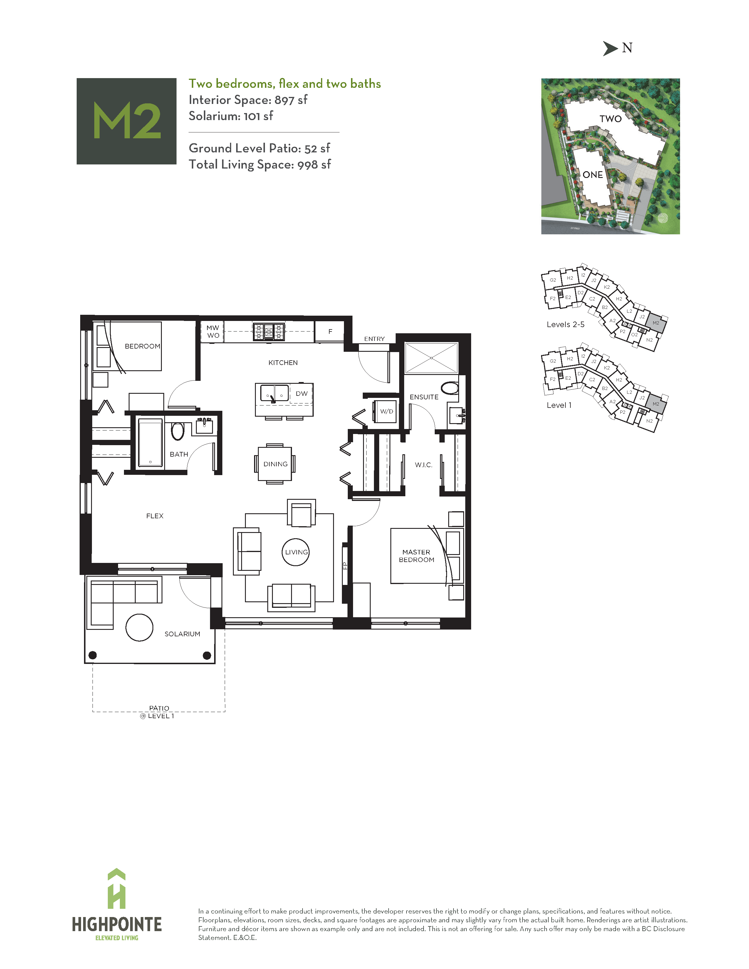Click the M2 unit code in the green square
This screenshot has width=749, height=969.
coord(127,121)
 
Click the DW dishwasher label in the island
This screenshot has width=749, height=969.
coord(301,393)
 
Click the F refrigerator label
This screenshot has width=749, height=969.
coord(330,332)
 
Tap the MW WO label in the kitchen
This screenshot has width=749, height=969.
coord(213,332)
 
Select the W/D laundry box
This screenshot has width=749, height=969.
coord(386,411)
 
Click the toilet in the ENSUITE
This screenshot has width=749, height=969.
coord(450,388)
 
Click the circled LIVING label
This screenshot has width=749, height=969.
coord(296,552)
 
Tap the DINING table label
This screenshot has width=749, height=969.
coord(275,464)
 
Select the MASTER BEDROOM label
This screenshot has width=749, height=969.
coord(416,556)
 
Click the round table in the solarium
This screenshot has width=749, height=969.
coord(139,628)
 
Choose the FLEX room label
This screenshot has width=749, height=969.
coord(155,516)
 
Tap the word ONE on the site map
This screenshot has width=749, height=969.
coord(593,175)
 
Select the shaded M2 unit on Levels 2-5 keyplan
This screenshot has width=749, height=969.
coord(656,322)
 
